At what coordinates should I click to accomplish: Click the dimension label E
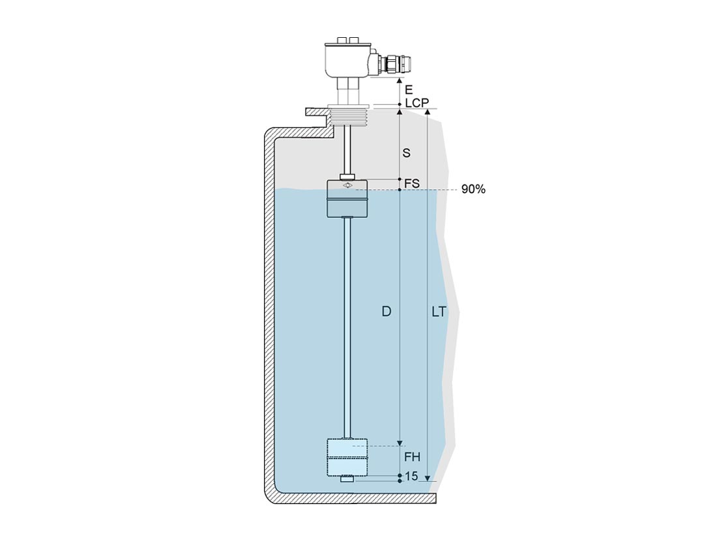tap(408, 90)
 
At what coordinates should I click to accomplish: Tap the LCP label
tap(417, 103)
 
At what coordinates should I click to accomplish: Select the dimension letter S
tap(406, 153)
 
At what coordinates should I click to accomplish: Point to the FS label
tap(412, 183)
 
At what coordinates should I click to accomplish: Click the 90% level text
tap(473, 189)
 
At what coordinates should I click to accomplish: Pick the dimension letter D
tap(387, 312)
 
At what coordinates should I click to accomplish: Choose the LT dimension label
tap(439, 312)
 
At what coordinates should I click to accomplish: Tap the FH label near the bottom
tap(413, 456)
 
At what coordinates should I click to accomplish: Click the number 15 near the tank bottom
tap(411, 476)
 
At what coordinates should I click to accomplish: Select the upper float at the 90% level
tap(347, 198)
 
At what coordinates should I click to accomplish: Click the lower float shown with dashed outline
tap(347, 458)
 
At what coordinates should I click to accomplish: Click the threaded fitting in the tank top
tap(349, 115)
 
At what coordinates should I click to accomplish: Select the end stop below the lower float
tap(347, 480)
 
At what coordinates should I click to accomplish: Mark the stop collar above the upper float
tap(347, 177)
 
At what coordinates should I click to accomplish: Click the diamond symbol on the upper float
tap(347, 185)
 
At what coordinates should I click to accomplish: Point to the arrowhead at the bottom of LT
tap(428, 478)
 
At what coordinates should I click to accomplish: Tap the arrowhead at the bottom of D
tap(400, 443)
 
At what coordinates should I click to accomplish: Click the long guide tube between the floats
tap(347, 328)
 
